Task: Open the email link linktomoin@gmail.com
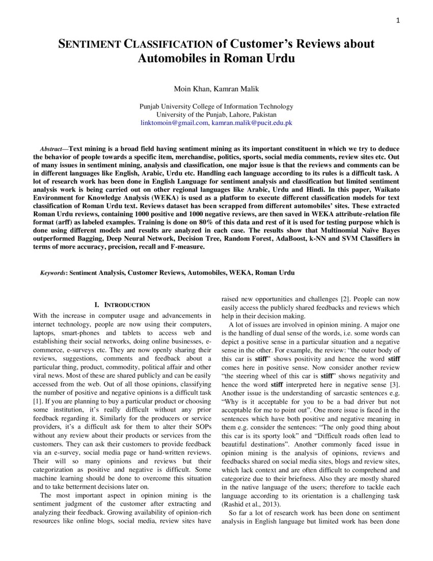[x=174, y=123]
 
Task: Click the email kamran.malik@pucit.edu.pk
[x=252, y=123]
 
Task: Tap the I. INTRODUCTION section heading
[x=122, y=305]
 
